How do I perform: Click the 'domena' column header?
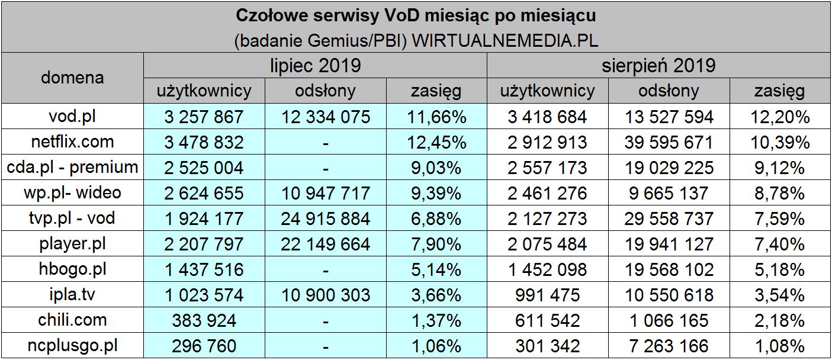72,78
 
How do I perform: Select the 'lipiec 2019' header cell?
315,65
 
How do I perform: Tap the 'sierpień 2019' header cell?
658,65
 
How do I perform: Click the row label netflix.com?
72,142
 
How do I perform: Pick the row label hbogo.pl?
72,269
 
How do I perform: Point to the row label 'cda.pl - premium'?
72,168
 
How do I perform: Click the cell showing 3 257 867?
204,117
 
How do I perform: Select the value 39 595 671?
669,142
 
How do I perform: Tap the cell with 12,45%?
436,142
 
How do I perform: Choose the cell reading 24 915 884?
326,218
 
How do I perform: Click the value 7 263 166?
669,346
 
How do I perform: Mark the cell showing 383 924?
204,320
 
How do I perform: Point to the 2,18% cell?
779,320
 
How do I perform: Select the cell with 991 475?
547,295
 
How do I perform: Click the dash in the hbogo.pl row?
326,270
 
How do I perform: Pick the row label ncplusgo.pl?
72,346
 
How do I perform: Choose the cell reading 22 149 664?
326,244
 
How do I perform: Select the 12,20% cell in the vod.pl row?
779,117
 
